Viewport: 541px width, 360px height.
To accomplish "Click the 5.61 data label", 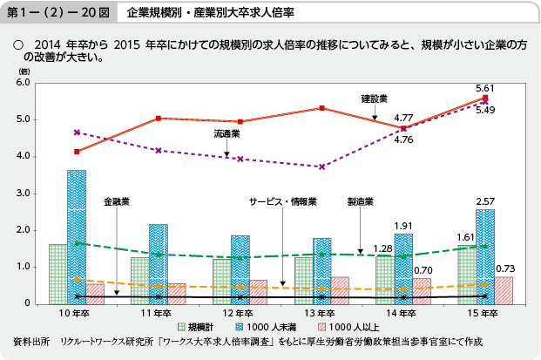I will point(485,88).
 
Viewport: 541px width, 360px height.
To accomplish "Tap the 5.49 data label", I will point(485,110).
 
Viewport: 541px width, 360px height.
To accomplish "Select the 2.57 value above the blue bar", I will point(485,201).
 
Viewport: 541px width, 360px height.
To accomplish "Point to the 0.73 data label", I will point(504,269).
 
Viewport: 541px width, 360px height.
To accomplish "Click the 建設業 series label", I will point(375,98).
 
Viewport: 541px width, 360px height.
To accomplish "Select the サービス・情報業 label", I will point(283,200).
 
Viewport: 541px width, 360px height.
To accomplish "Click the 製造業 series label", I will point(360,200).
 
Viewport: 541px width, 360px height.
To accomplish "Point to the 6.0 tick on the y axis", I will point(24,83).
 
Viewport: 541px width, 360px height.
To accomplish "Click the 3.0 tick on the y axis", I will point(24,193).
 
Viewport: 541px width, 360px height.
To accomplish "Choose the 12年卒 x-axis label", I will point(234,312).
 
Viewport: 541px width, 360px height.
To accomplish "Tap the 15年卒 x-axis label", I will point(484,312).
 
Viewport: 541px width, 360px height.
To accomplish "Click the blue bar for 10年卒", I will point(77,236).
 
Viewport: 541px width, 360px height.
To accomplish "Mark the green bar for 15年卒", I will point(467,274).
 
